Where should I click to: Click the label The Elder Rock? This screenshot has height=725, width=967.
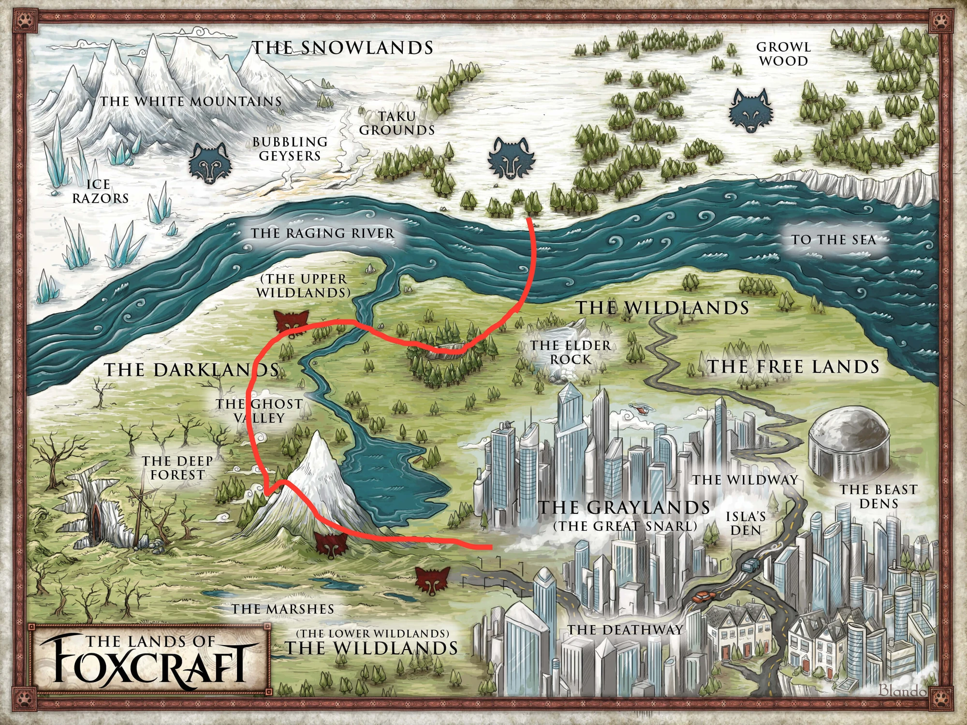tap(571, 352)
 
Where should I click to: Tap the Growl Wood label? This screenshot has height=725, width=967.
tap(783, 54)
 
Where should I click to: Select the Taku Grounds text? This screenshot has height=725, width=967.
tap(396, 123)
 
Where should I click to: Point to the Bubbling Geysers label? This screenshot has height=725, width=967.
tap(290, 149)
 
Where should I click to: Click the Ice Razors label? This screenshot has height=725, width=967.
tap(100, 191)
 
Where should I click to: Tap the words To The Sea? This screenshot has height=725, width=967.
tap(833, 240)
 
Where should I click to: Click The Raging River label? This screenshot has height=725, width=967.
tap(322, 233)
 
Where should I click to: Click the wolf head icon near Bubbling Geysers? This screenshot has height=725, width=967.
tap(209, 163)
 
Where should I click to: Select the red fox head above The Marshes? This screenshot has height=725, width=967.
tap(432, 580)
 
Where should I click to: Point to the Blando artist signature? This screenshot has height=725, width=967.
tap(902, 690)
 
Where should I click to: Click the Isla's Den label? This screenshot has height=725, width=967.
tap(746, 523)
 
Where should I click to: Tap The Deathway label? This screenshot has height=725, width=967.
tap(625, 630)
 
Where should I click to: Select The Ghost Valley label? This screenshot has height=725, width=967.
tap(260, 411)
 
